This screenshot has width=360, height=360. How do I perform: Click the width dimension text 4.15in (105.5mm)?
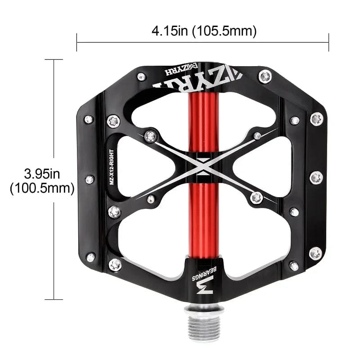pos(204,31)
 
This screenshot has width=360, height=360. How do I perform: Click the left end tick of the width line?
pos(77,42)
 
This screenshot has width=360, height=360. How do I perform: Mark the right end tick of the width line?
pos(329,42)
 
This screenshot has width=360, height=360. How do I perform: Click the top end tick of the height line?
pos(54,59)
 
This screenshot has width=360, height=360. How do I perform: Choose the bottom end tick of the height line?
pos(54,299)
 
